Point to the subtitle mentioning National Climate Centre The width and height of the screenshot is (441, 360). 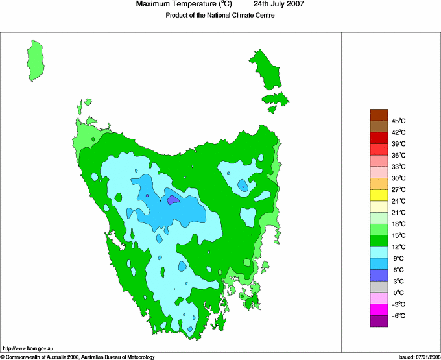(220, 16)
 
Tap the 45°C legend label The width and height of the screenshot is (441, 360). (399, 121)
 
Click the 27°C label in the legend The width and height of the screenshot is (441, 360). (399, 189)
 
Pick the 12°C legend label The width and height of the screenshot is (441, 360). (399, 246)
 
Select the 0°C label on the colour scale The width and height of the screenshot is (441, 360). (399, 293)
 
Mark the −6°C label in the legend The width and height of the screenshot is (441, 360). (399, 315)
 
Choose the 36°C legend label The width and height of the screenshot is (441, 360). (399, 155)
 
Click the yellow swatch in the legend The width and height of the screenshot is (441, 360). (379, 195)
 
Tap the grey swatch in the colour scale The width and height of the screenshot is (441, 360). (379, 287)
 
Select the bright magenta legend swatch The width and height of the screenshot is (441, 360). (379, 309)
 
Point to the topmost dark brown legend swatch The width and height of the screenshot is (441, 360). (379, 115)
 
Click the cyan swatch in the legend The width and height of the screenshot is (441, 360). (379, 252)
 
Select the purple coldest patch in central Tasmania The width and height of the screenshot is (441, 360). (173, 200)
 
